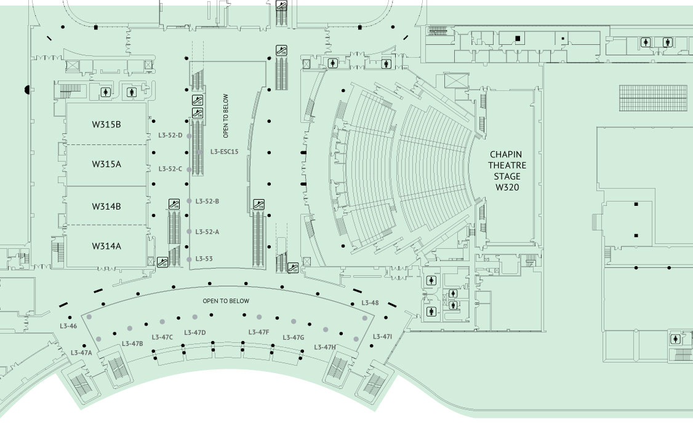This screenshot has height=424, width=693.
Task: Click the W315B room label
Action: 106,124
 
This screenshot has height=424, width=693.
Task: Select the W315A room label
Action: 106,164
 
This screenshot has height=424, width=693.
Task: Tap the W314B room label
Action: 106,206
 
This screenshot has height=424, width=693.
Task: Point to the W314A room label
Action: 106,246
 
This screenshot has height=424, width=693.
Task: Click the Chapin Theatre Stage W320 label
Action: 507,171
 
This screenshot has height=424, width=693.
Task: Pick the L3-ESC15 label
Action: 224,152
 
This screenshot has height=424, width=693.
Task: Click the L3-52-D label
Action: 170,135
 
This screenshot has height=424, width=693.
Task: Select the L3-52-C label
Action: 170,169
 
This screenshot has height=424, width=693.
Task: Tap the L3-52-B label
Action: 207,201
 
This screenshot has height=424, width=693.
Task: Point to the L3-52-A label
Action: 207,232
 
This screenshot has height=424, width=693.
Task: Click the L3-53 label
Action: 204,259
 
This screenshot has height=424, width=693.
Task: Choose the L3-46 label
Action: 68,326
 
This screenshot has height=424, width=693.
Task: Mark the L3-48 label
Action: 370,303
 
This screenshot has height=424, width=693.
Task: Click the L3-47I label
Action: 382,337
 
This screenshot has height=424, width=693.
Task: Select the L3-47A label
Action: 81,353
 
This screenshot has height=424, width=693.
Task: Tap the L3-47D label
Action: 195,332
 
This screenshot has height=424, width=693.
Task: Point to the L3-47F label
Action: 258,332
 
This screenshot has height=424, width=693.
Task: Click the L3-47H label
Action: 325,347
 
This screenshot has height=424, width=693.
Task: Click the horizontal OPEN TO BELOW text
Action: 226,301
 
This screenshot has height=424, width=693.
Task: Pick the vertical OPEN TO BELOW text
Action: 226,116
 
